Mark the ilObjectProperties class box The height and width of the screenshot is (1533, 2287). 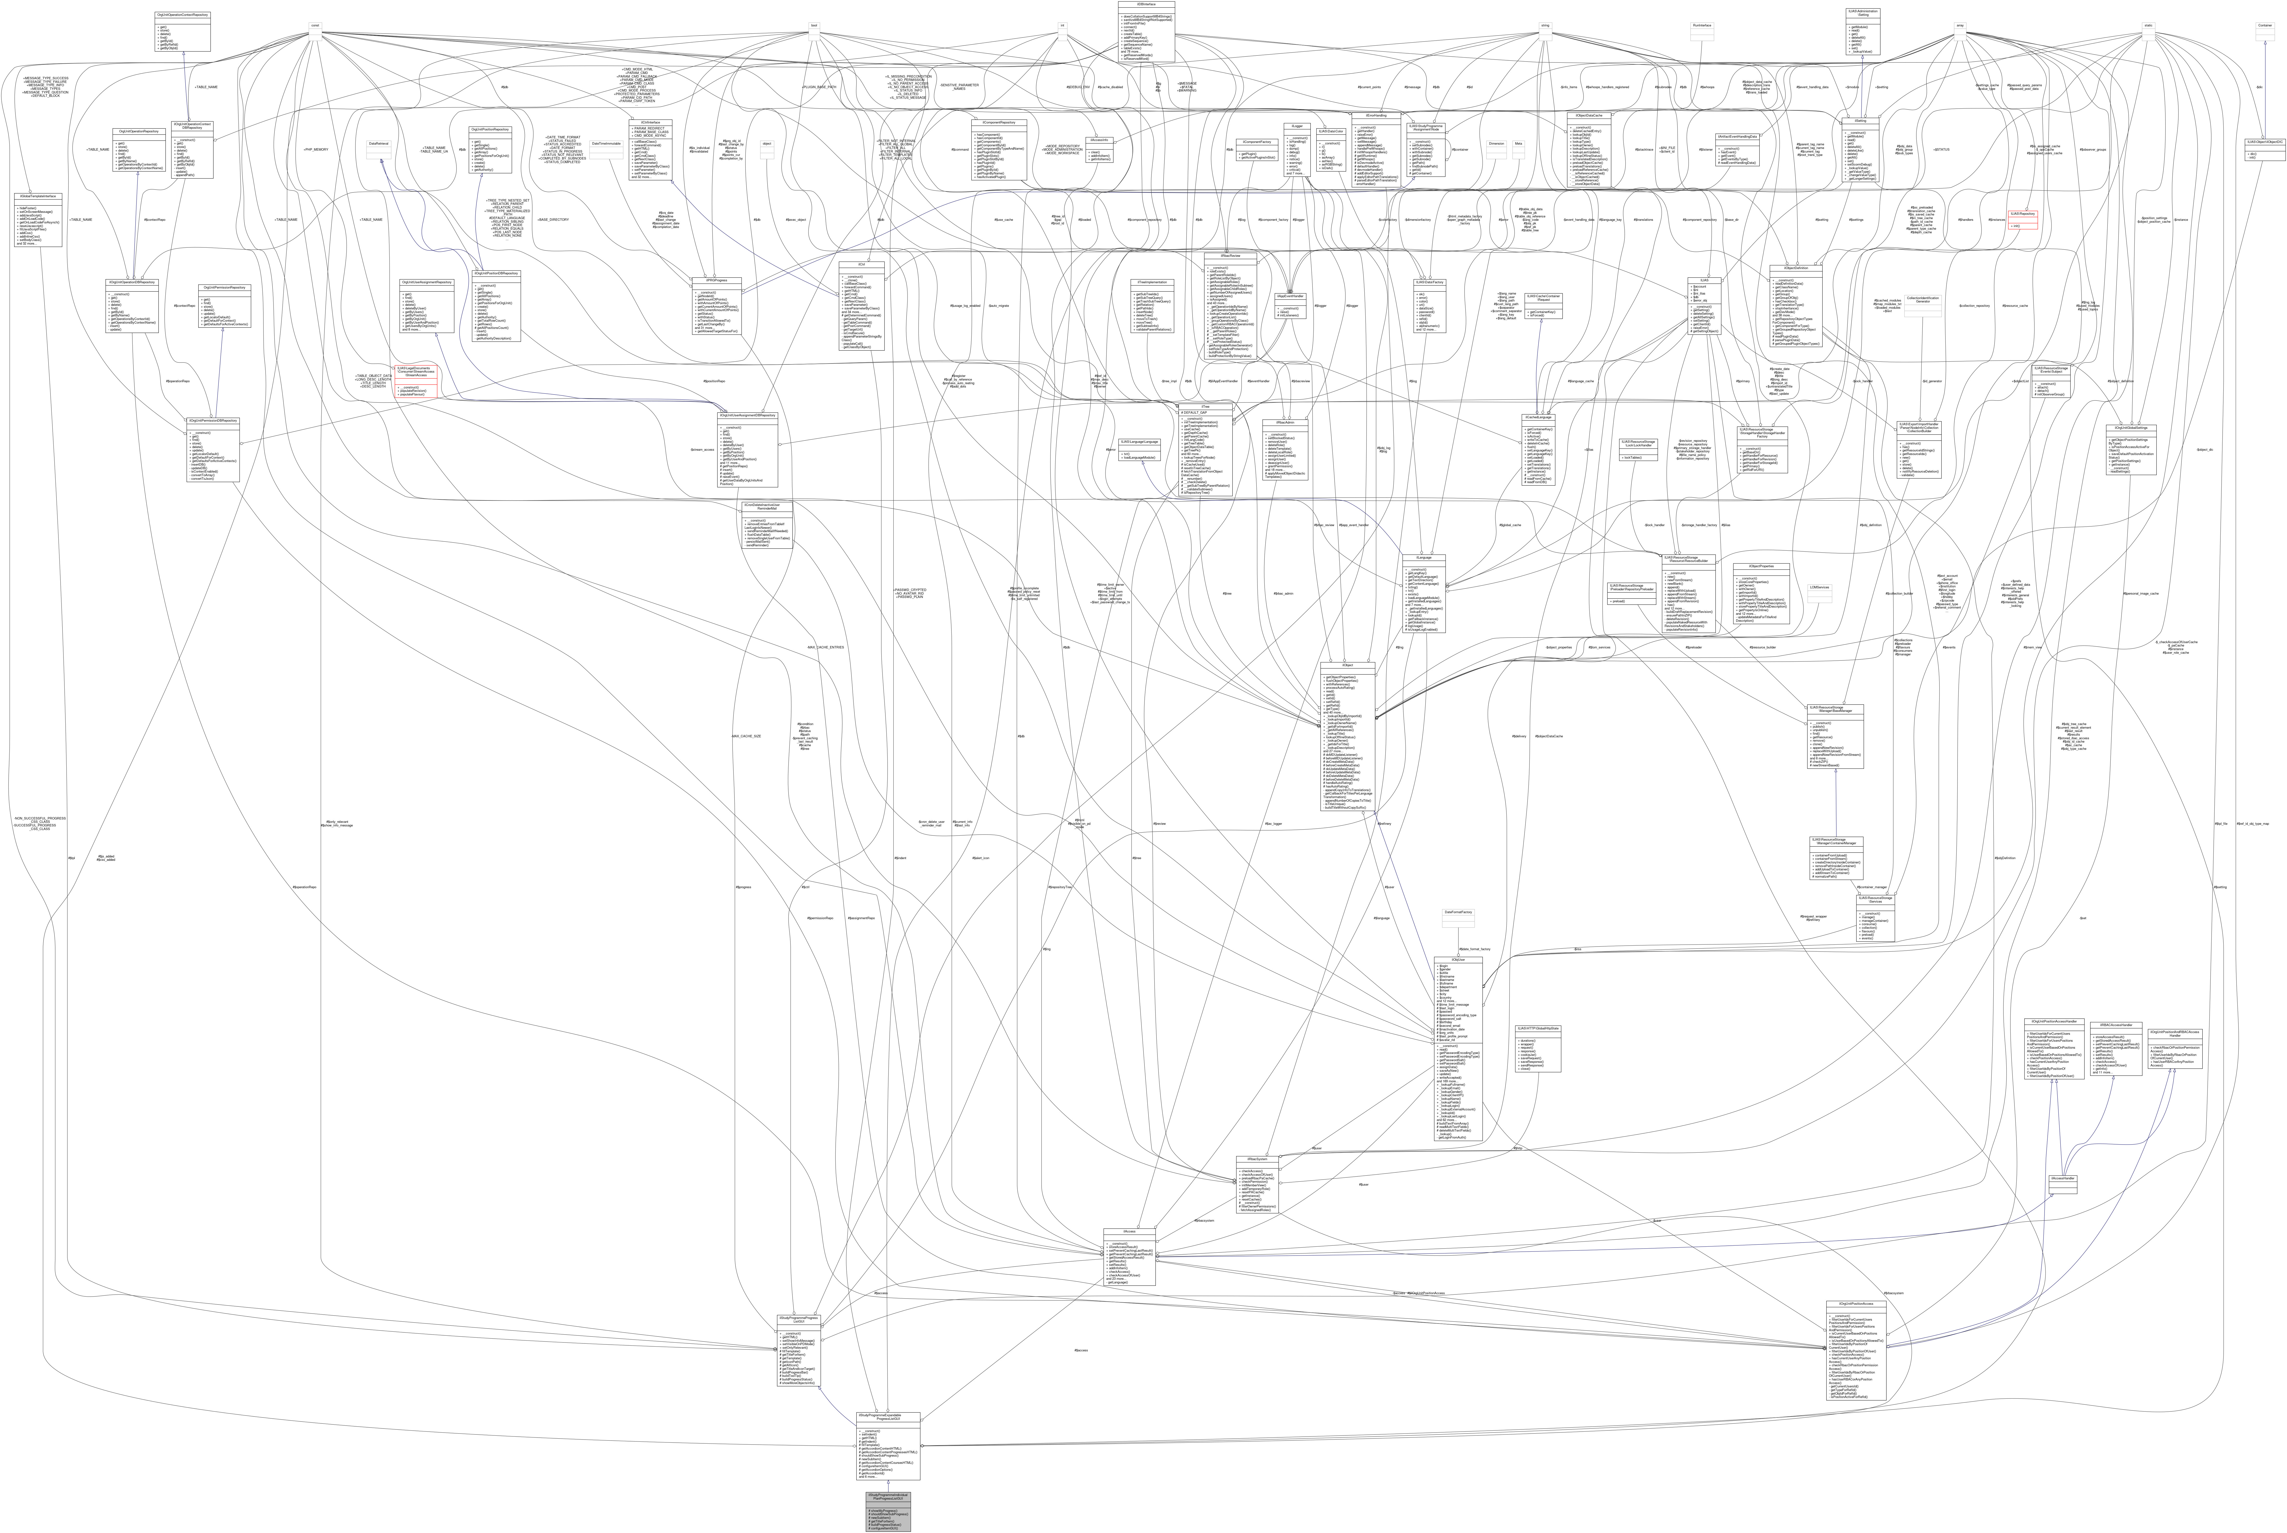[x=1747, y=594]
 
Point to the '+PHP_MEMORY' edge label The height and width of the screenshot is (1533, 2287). [x=315, y=150]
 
